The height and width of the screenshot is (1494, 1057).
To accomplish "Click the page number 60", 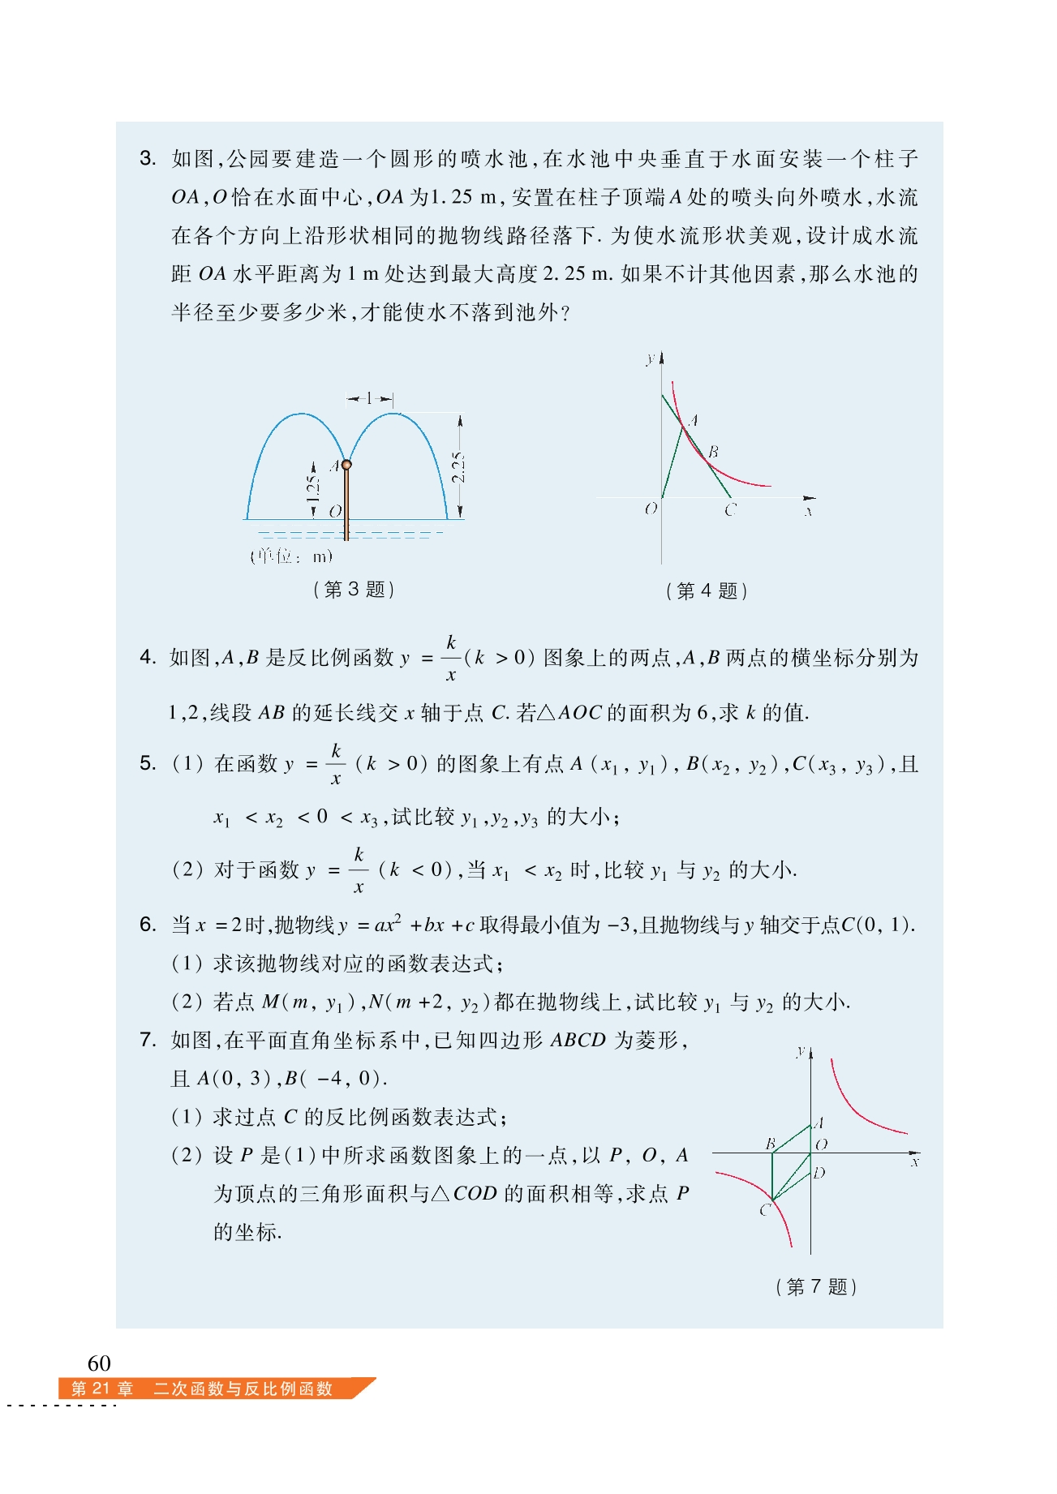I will [x=99, y=1362].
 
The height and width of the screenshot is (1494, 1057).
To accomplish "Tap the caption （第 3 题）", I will [x=354, y=590].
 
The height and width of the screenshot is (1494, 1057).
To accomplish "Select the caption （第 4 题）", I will [x=706, y=590].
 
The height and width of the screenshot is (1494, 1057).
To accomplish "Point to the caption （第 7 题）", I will [x=816, y=1286].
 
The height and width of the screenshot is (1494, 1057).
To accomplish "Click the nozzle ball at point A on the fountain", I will [x=346, y=465].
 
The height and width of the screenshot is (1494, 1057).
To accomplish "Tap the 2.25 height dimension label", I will [x=458, y=467].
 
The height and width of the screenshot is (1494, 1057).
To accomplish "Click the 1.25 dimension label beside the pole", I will [x=313, y=487].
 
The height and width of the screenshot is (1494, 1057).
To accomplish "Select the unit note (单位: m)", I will [x=291, y=556].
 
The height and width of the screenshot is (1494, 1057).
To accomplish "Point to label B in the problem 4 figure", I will [x=712, y=452].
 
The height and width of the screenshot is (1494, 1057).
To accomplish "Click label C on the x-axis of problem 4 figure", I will [x=730, y=510].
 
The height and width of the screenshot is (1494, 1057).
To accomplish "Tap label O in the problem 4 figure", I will [x=651, y=509].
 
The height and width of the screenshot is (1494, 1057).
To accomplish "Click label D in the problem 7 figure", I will [x=819, y=1173].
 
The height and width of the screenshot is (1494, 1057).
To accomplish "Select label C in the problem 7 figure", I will [x=764, y=1210].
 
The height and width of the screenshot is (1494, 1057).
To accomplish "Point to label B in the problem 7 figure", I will [x=771, y=1143].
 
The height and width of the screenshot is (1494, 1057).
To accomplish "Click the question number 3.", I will [x=147, y=158].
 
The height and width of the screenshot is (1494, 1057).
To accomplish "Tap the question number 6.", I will [x=147, y=925].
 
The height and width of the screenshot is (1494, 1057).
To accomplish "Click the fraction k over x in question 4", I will [x=451, y=658].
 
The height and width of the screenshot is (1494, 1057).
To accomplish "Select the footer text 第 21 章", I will [x=102, y=1389].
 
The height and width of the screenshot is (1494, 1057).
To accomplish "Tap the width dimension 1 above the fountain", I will [x=369, y=398].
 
